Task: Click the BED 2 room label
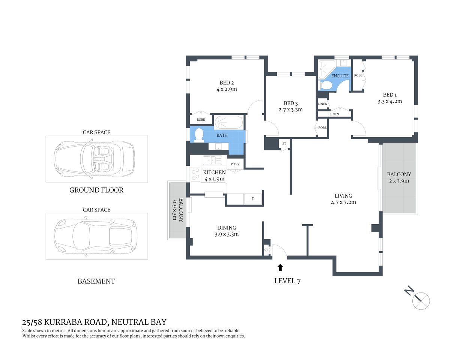coord(227,83)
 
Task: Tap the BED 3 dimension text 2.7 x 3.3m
coord(290,110)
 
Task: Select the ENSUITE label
coord(340,76)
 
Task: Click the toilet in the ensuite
coord(325,86)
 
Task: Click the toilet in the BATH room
coord(198,135)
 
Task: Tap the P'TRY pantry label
coord(235,164)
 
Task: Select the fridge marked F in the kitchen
coord(253,199)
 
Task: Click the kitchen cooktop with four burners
coord(195,174)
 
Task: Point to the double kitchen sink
coord(212,160)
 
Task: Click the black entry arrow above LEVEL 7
coord(280,267)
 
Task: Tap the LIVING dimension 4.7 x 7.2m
coord(343,202)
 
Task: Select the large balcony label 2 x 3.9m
coord(399,181)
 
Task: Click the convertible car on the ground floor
coord(94,159)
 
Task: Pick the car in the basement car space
coord(94,236)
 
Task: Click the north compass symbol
coord(420,300)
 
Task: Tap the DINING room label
coord(227,228)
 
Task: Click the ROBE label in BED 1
coord(358,75)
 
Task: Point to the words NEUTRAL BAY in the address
coord(139,322)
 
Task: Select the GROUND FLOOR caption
coord(96,190)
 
